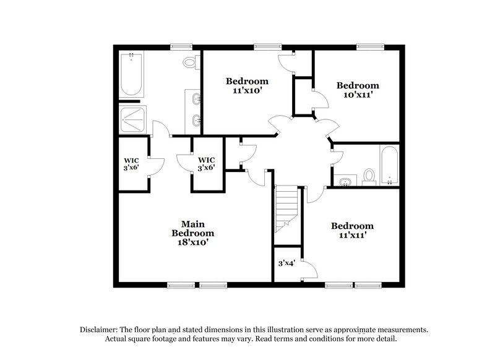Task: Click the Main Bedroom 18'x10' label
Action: click(193, 233)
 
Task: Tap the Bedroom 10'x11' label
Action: click(357, 90)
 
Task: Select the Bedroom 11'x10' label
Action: click(247, 85)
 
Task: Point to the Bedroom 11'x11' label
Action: click(352, 231)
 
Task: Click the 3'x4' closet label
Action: click(285, 264)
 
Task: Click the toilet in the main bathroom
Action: click(191, 62)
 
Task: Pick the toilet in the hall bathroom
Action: click(369, 176)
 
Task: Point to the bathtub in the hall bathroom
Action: click(389, 165)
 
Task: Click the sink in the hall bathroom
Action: click(345, 181)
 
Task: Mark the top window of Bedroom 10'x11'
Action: click(371, 46)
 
